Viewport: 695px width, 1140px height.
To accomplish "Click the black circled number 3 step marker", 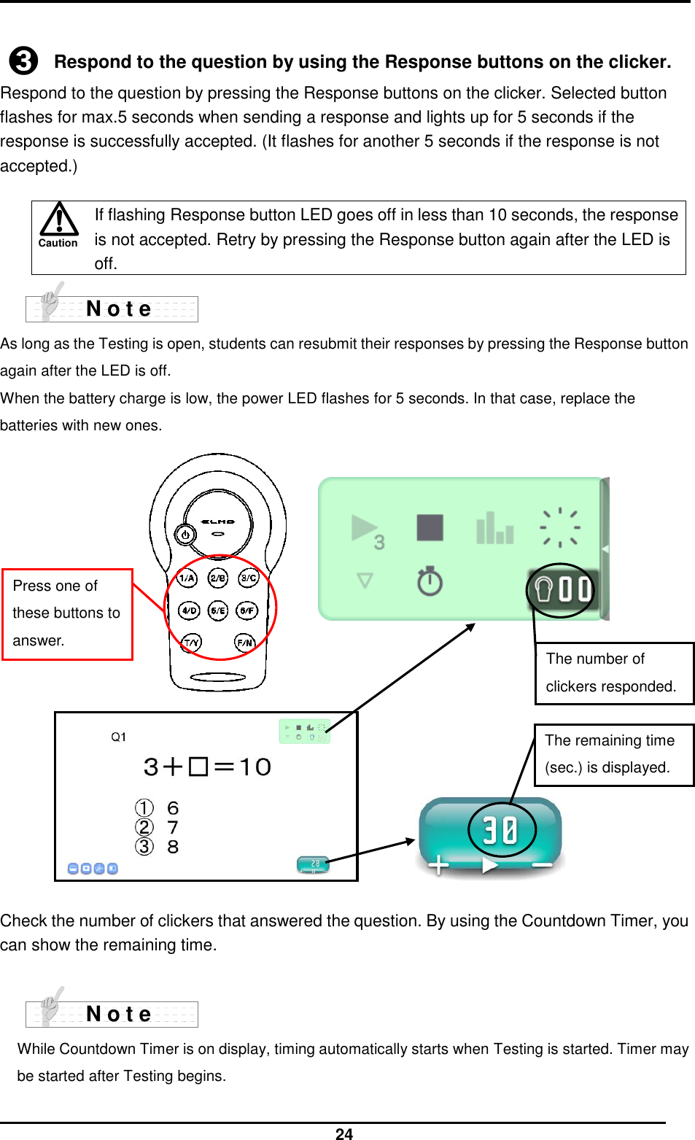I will click(23, 61).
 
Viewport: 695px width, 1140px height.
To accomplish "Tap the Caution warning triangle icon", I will click(58, 220).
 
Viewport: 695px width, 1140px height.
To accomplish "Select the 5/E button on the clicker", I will click(218, 610).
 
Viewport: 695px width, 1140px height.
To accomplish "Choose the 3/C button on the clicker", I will click(249, 578).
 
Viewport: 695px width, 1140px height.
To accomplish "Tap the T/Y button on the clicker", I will click(191, 643).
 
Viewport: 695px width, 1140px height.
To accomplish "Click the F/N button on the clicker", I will click(245, 643).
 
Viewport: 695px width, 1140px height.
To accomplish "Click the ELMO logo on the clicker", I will click(218, 521).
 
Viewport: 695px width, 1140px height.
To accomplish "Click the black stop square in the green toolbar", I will click(430, 527).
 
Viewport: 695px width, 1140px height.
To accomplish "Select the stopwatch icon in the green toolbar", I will click(430, 581).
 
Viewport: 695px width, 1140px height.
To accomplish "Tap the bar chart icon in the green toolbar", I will click(494, 528).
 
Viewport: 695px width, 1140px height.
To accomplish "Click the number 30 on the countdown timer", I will click(501, 829).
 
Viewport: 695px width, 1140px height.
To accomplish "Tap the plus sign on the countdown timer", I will click(438, 865).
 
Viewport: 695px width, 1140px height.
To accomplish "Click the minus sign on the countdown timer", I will click(542, 865).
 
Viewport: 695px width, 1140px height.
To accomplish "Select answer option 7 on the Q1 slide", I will click(173, 828).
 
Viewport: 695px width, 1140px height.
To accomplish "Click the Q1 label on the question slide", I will click(118, 737).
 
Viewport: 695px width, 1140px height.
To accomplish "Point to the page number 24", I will click(344, 1133).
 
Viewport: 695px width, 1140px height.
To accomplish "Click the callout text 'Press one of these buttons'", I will click(66, 613).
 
